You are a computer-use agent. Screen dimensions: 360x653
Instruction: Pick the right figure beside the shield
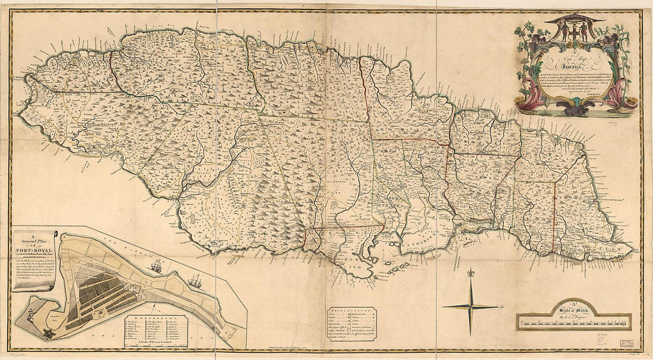tap(585, 31)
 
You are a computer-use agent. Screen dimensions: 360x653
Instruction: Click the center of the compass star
tap(471, 307)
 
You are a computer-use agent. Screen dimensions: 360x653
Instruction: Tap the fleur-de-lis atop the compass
tap(471, 274)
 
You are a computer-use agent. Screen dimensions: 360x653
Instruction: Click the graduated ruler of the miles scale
tap(573, 323)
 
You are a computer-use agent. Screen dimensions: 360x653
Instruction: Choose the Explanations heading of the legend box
tap(350, 311)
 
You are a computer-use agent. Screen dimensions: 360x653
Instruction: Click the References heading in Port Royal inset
tap(156, 318)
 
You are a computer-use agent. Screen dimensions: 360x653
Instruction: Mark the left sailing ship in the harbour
tap(156, 267)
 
